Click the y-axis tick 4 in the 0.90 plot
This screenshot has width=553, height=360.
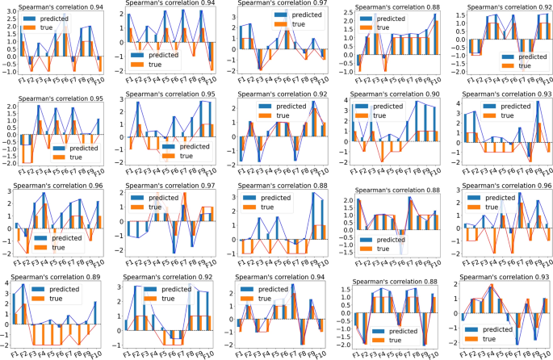point(342,101)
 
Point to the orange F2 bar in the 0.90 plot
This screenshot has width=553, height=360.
point(364,146)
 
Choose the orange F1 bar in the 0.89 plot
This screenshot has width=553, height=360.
point(15,318)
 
